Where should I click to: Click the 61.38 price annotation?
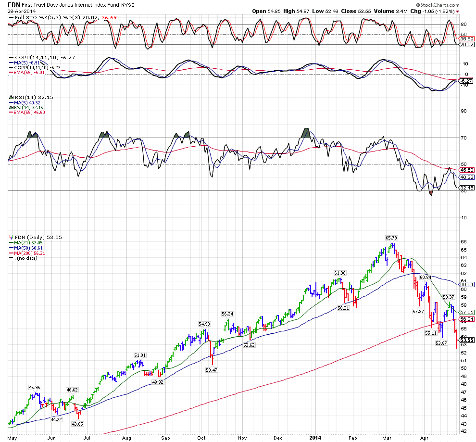[341, 273]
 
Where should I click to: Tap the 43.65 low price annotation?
[77, 424]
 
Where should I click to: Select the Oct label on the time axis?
[202, 438]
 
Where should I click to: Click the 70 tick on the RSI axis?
[464, 138]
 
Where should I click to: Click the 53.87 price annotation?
[441, 343]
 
